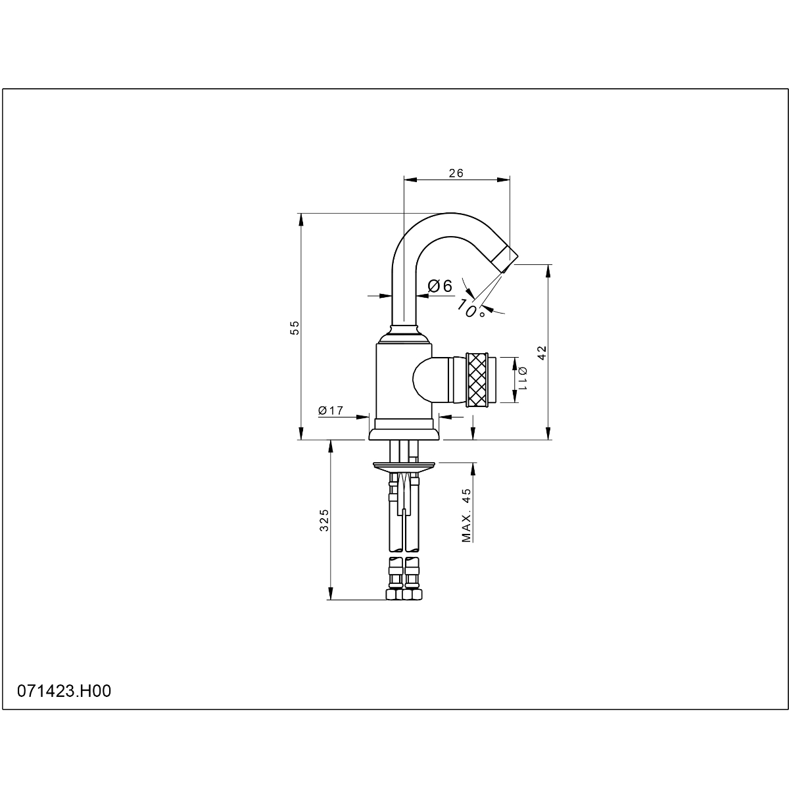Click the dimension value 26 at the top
[x=456, y=173]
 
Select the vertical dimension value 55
[x=295, y=328]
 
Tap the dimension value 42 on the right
[x=542, y=352]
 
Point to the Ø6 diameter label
[x=440, y=286]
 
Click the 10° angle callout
[x=471, y=309]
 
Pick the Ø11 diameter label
[x=523, y=379]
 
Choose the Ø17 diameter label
[x=331, y=410]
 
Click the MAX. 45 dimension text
[x=466, y=515]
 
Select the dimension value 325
[x=324, y=520]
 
